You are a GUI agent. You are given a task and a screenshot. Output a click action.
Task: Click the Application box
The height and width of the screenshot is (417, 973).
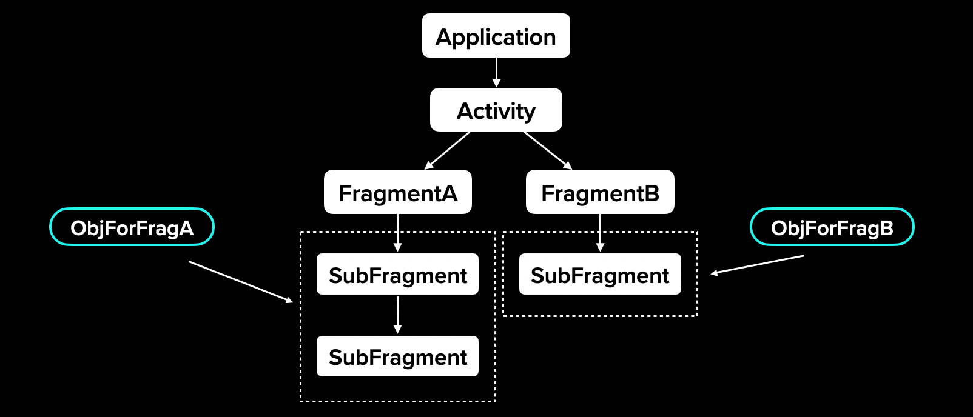coord(496,36)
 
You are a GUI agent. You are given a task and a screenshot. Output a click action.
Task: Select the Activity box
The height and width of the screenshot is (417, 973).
coord(496,110)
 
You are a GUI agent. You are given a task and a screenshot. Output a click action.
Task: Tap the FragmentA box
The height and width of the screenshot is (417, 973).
coord(397,192)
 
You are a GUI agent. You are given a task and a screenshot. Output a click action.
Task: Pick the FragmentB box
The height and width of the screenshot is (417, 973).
coord(599,192)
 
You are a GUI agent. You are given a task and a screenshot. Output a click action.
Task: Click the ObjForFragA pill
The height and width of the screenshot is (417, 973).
coord(132,227)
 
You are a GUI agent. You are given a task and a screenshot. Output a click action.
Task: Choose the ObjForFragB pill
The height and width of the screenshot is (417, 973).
coord(832,227)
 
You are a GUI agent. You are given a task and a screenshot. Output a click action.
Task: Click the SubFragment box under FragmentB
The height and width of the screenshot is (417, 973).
coord(599,275)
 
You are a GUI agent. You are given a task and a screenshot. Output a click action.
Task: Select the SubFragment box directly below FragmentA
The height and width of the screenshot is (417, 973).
coord(397,275)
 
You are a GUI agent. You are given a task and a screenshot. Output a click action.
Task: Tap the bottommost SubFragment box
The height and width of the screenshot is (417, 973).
coord(397,356)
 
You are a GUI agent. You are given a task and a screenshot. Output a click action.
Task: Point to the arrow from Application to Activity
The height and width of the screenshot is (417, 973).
coord(496,73)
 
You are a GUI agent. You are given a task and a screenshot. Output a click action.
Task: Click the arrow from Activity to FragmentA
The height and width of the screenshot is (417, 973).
coord(447,150)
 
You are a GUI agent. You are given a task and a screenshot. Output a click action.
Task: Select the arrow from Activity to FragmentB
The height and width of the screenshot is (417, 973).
coord(548,150)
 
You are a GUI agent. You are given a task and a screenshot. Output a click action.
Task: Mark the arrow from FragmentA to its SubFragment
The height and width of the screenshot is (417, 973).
coord(397,233)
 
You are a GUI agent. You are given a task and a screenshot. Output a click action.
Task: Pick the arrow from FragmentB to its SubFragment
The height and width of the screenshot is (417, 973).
coord(600,233)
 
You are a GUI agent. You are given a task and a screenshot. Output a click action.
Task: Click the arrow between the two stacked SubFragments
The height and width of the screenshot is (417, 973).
coord(397,315)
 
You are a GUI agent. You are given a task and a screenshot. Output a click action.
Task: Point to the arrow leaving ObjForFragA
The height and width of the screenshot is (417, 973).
coord(241,282)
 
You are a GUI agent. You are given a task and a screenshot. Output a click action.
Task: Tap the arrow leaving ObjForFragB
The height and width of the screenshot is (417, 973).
coord(757,265)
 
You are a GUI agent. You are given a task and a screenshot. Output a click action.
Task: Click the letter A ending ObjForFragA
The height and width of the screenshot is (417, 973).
coord(186,228)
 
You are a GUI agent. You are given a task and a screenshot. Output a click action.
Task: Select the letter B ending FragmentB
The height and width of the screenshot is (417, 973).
coord(651,193)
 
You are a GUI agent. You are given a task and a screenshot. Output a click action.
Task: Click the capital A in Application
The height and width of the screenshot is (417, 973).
coord(445,37)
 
